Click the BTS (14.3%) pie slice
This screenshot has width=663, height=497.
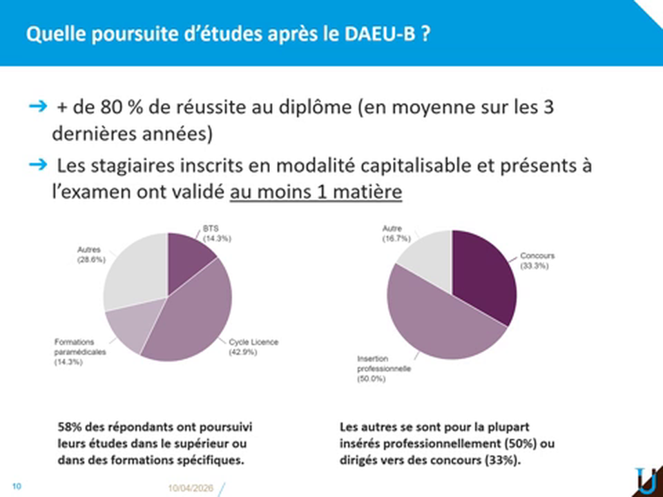187,257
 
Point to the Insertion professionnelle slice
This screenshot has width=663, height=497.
440,321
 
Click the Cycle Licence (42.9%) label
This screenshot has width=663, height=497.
253,347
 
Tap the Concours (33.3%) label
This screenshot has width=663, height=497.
537,261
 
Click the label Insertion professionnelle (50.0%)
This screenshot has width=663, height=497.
384,369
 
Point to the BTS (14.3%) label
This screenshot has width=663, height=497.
217,233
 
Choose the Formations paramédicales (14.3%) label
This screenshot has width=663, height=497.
80,352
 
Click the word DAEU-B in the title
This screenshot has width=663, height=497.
380,34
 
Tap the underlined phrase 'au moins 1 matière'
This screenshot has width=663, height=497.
316,192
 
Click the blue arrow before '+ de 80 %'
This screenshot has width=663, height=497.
37,106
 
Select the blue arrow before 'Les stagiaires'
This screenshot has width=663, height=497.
37,164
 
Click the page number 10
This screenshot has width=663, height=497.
17,486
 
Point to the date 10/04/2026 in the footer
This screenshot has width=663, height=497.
191,488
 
